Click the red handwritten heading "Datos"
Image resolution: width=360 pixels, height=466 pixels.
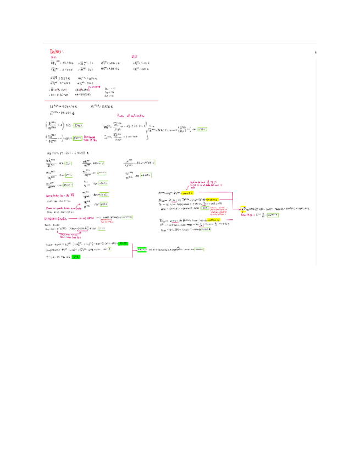pos(57,51)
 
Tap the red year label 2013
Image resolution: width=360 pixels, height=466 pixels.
pos(135,57)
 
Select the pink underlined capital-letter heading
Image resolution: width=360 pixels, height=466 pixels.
pos(59,218)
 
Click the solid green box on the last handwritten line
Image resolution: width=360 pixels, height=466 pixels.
pos(76,257)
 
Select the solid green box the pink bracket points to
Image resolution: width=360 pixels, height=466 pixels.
pos(141,249)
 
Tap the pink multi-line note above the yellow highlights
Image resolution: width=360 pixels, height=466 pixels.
pos(201,184)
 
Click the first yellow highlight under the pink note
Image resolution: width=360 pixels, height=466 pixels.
pos(188,193)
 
